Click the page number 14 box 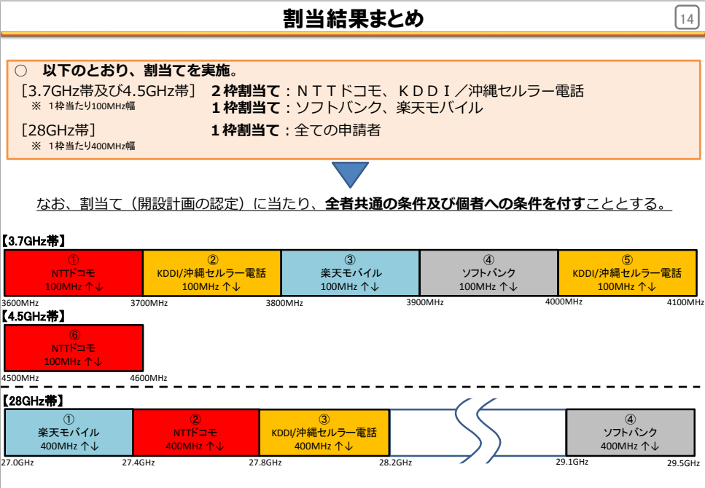pyautogui.click(x=687, y=18)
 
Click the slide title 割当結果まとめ pyautogui.click(x=354, y=19)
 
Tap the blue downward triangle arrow pyautogui.click(x=350, y=174)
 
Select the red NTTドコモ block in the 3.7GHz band pyautogui.click(x=74, y=272)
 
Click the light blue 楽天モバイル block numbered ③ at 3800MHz pyautogui.click(x=350, y=272)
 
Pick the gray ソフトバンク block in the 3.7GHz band pyautogui.click(x=488, y=272)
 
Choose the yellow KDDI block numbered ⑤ pyautogui.click(x=627, y=272)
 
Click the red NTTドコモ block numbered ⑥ pyautogui.click(x=74, y=348)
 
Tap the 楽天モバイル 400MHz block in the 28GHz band pyautogui.click(x=69, y=432)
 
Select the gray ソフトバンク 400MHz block pyautogui.click(x=631, y=432)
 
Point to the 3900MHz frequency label pyautogui.click(x=425, y=302)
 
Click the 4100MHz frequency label pyautogui.click(x=685, y=302)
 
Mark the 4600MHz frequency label pyautogui.click(x=149, y=378)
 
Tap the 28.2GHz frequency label pyautogui.click(x=395, y=463)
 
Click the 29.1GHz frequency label pyautogui.click(x=572, y=462)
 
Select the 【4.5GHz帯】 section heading pyautogui.click(x=34, y=316)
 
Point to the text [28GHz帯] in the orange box pyautogui.click(x=58, y=130)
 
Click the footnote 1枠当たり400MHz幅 pyautogui.click(x=91, y=146)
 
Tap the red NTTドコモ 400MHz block pyautogui.click(x=196, y=432)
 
